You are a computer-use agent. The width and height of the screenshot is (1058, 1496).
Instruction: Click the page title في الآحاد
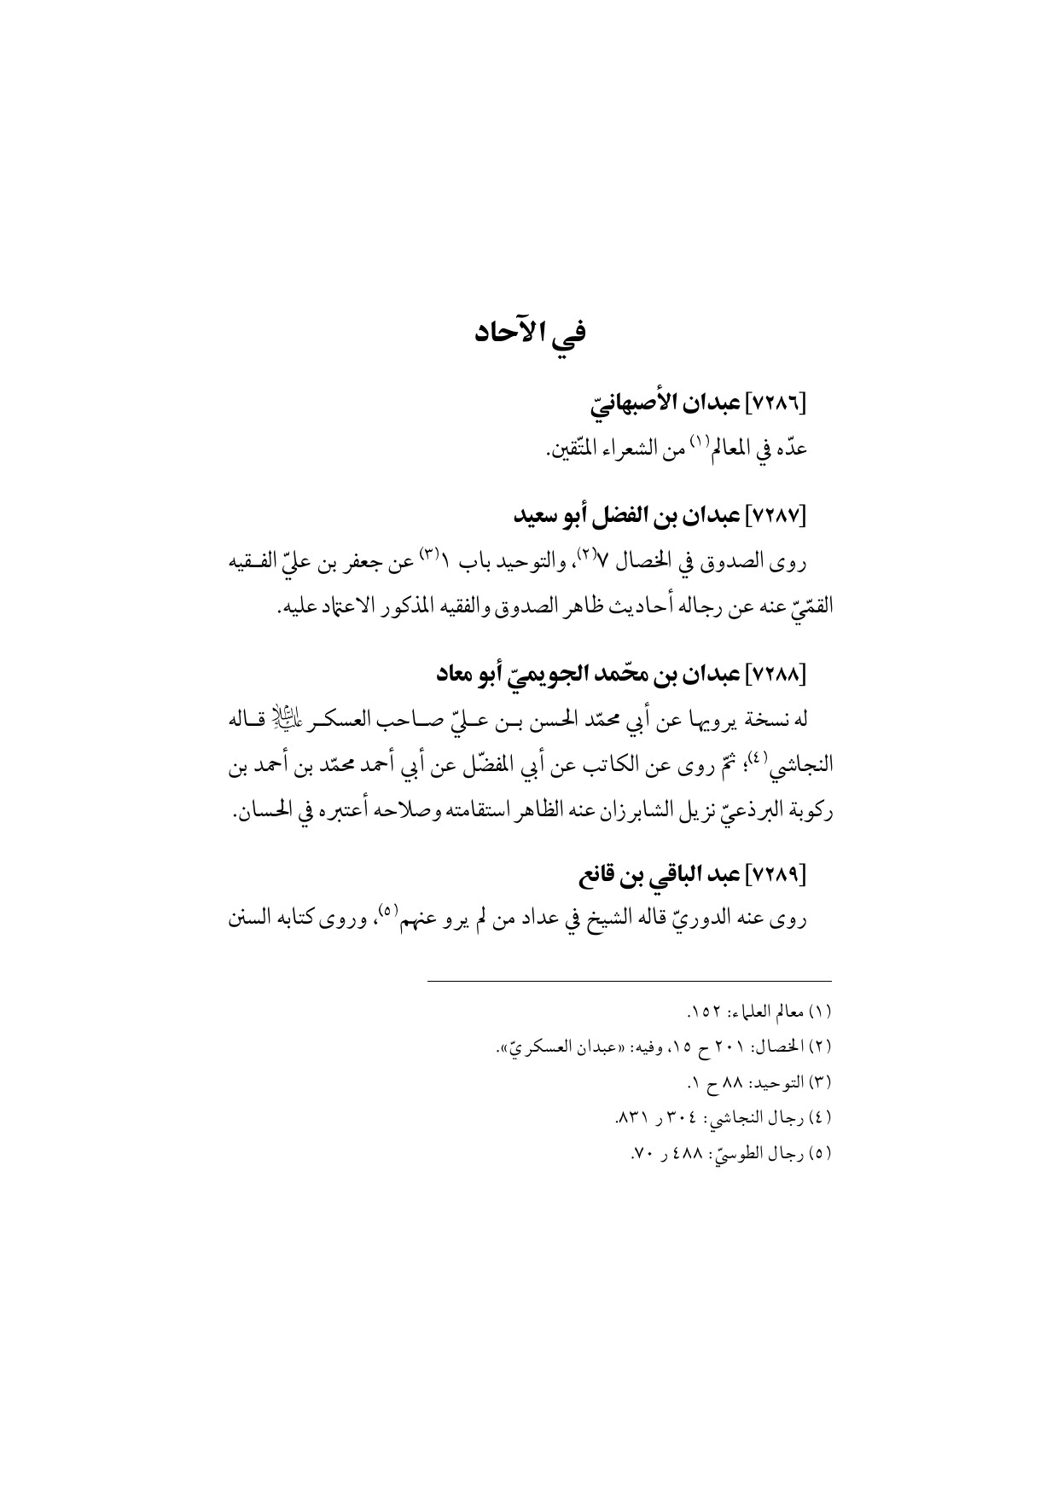pyautogui.click(x=529, y=331)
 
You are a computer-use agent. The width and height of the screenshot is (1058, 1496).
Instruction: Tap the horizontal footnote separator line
pyautogui.click(x=628, y=981)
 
